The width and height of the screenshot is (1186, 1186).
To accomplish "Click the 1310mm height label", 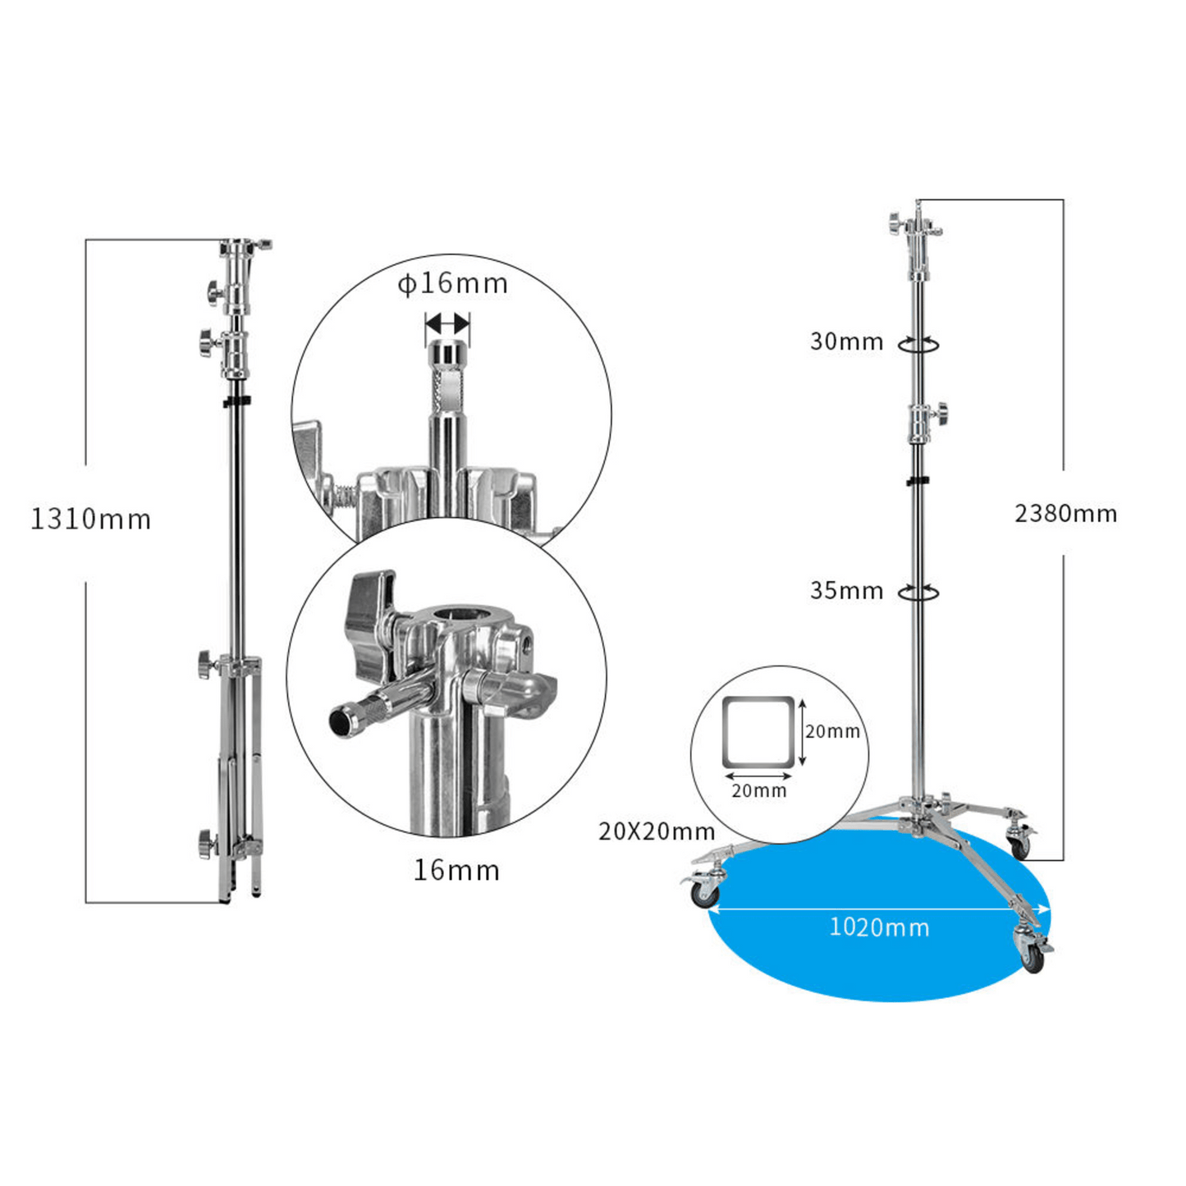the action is coord(91,520).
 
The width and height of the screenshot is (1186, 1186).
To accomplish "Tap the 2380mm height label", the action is coord(1065,513).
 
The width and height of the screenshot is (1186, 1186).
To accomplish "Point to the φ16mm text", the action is coord(453,284).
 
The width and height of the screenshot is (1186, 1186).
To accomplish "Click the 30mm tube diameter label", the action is coord(846,341).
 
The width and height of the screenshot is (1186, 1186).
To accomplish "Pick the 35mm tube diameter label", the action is coord(846,591).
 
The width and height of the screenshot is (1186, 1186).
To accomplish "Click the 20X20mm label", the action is coord(657,832).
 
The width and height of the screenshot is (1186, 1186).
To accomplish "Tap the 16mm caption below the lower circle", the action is coord(456,871).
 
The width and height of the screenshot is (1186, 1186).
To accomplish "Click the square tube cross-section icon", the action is coord(758,732).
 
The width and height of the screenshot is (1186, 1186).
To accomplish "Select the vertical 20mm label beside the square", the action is coord(833,731).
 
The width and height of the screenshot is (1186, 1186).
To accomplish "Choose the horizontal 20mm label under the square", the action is coord(759,791).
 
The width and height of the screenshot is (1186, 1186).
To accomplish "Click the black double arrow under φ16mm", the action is coord(447,321).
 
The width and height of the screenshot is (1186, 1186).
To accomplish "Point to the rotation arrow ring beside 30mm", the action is coord(918,345).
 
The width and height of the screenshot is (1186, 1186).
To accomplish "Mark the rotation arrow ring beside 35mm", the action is coord(918,593).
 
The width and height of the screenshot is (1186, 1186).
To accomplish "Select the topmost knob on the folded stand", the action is coord(213,294).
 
